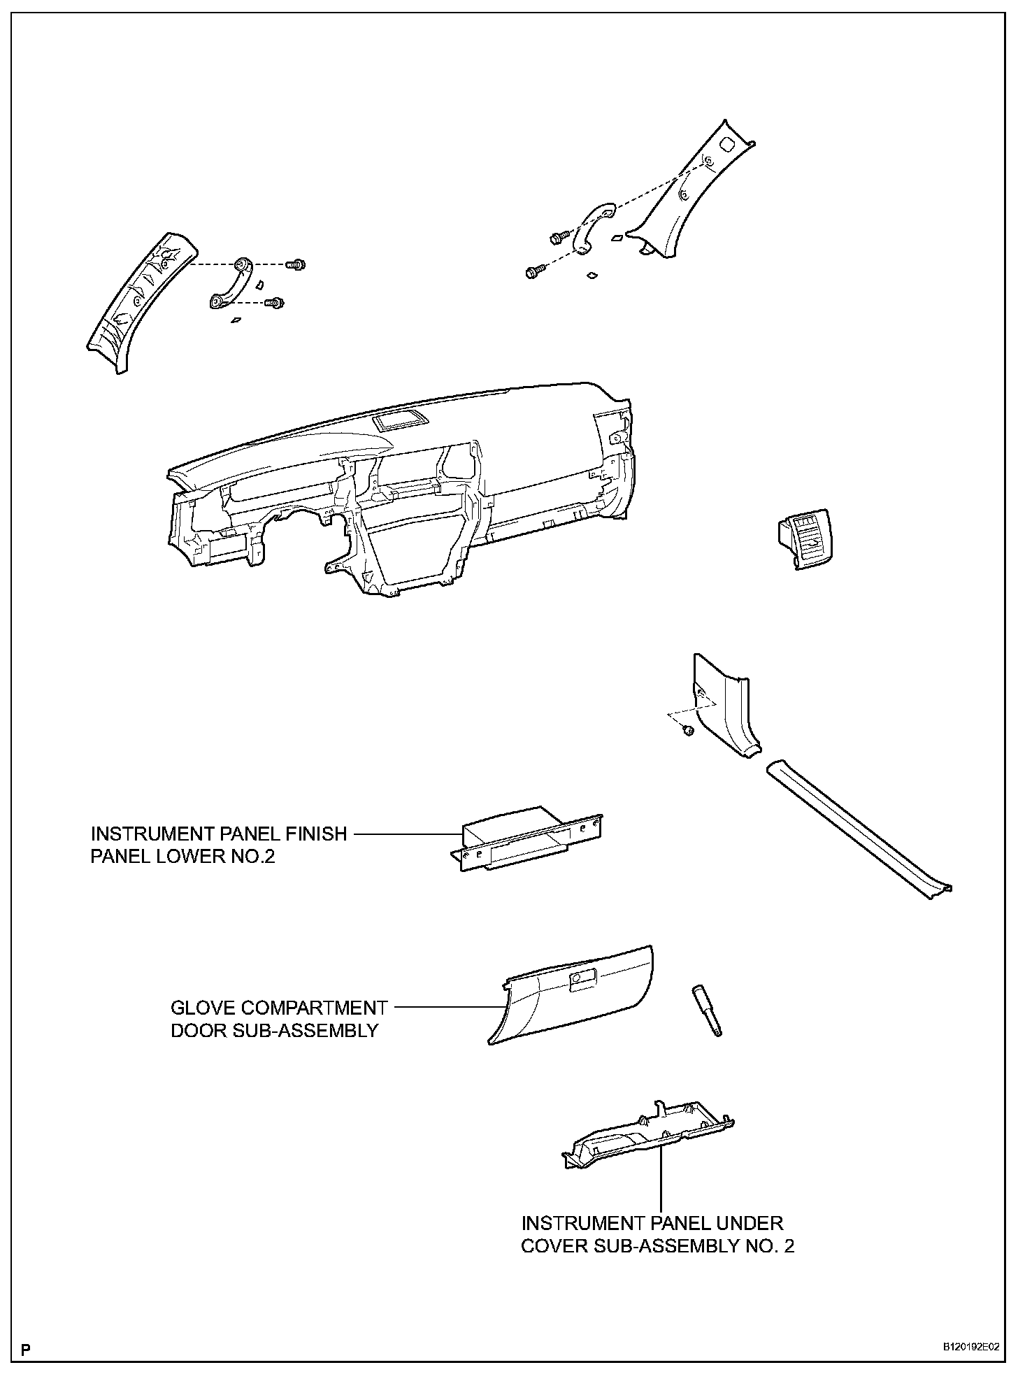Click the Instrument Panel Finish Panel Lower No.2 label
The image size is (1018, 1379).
218,844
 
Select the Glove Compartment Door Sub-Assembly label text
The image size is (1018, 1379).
278,1018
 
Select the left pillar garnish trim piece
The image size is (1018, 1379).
140,301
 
